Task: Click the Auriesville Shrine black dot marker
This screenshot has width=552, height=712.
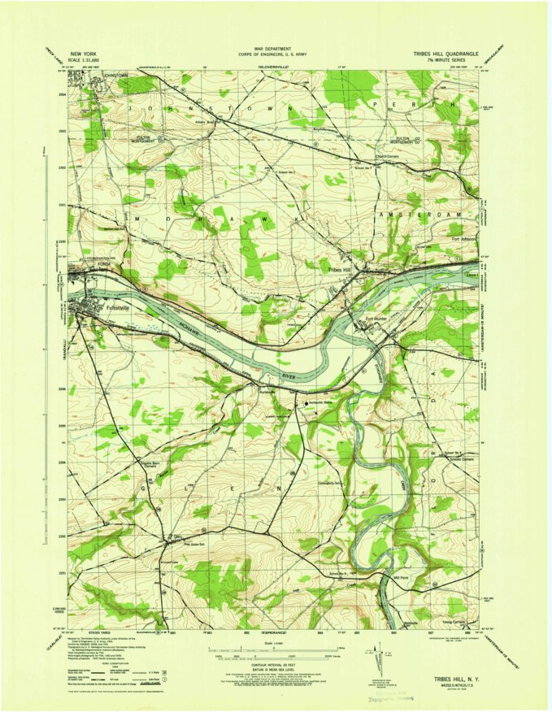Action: tap(306, 402)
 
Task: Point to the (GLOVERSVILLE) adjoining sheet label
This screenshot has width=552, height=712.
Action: tap(279, 66)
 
